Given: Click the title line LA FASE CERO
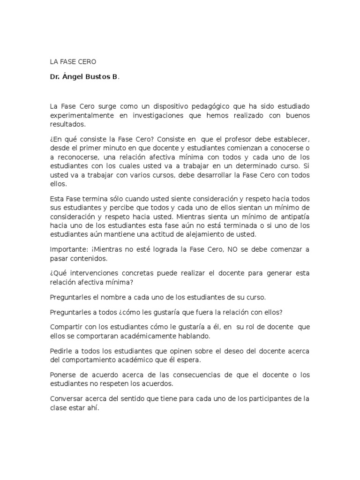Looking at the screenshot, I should (x=72, y=61).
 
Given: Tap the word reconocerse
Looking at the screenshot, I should (x=79, y=157).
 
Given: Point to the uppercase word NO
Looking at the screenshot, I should (x=232, y=249).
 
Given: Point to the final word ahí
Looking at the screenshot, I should (x=94, y=408).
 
